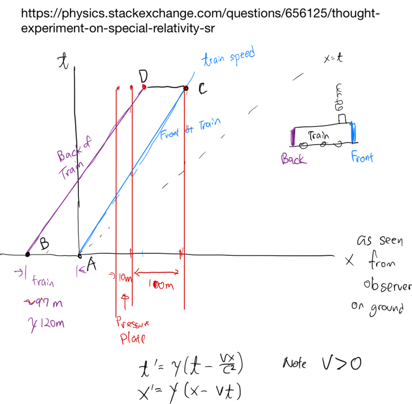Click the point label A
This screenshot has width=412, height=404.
point(92,265)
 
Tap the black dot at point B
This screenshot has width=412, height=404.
point(28,254)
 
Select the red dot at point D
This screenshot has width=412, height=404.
point(144,87)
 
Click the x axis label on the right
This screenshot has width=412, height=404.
point(350,261)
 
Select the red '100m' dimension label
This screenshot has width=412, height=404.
point(159,284)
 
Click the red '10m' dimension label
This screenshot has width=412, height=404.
point(124,278)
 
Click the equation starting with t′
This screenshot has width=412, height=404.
point(191,367)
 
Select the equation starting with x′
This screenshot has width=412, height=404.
point(191,392)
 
